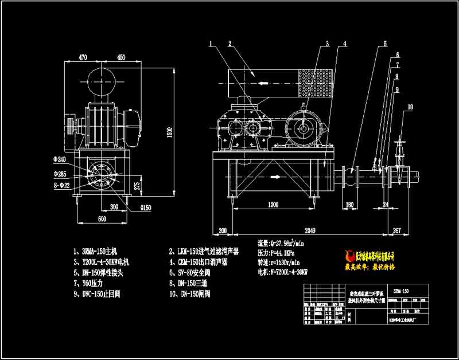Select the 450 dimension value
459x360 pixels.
[x=121, y=57]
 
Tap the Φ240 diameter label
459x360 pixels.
[x=60, y=159]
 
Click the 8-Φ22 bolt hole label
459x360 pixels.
[x=60, y=185]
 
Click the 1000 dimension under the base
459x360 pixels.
[x=273, y=205]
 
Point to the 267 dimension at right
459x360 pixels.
[x=395, y=229]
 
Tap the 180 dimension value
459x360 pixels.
[x=349, y=205]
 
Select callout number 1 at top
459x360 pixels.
[x=211, y=44]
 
